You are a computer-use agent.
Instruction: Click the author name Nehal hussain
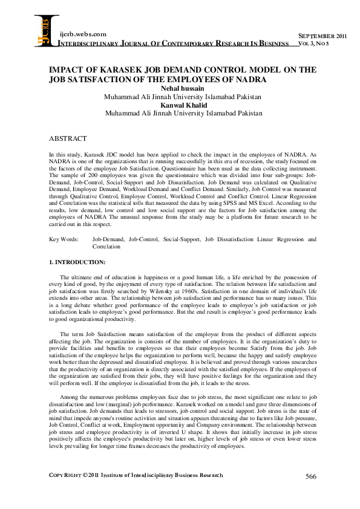[x=182, y=88]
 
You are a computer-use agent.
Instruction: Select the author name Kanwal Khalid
[x=183, y=105]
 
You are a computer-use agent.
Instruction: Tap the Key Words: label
[x=64, y=239]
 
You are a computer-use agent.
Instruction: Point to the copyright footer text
[x=136, y=492]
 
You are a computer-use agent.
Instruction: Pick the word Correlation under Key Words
[x=106, y=247]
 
